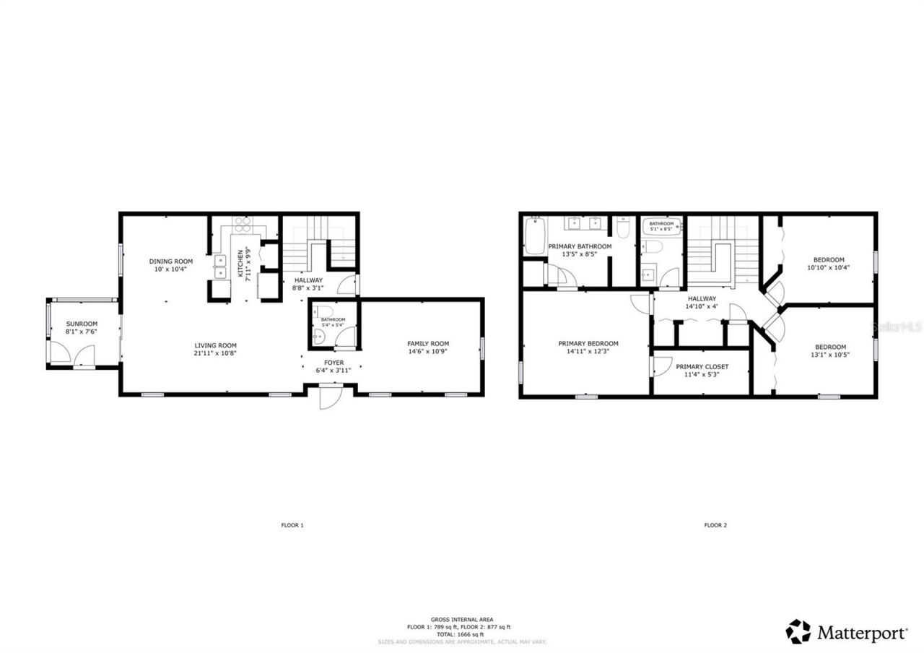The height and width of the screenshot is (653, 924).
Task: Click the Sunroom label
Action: point(82,324)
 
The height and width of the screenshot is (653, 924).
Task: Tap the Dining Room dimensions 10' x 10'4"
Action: point(170,269)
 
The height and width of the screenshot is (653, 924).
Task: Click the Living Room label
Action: point(214,345)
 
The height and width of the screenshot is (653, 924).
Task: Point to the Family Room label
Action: point(428,344)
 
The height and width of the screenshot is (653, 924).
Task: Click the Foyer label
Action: point(334,362)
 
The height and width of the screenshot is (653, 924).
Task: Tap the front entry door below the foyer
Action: point(328,397)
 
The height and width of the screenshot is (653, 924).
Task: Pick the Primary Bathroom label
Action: point(580,246)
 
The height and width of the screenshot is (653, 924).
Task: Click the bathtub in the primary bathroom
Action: point(534,238)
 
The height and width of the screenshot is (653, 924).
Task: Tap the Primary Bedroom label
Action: point(588,343)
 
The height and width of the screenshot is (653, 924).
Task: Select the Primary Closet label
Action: point(702,367)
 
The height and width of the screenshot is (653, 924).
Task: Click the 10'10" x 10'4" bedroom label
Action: point(829,260)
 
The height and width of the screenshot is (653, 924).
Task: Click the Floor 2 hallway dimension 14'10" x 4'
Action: point(702,306)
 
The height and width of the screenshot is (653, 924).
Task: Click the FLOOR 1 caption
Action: point(292,525)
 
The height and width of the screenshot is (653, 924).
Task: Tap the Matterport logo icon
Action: point(798,631)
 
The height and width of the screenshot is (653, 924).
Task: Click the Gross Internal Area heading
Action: point(462,619)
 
